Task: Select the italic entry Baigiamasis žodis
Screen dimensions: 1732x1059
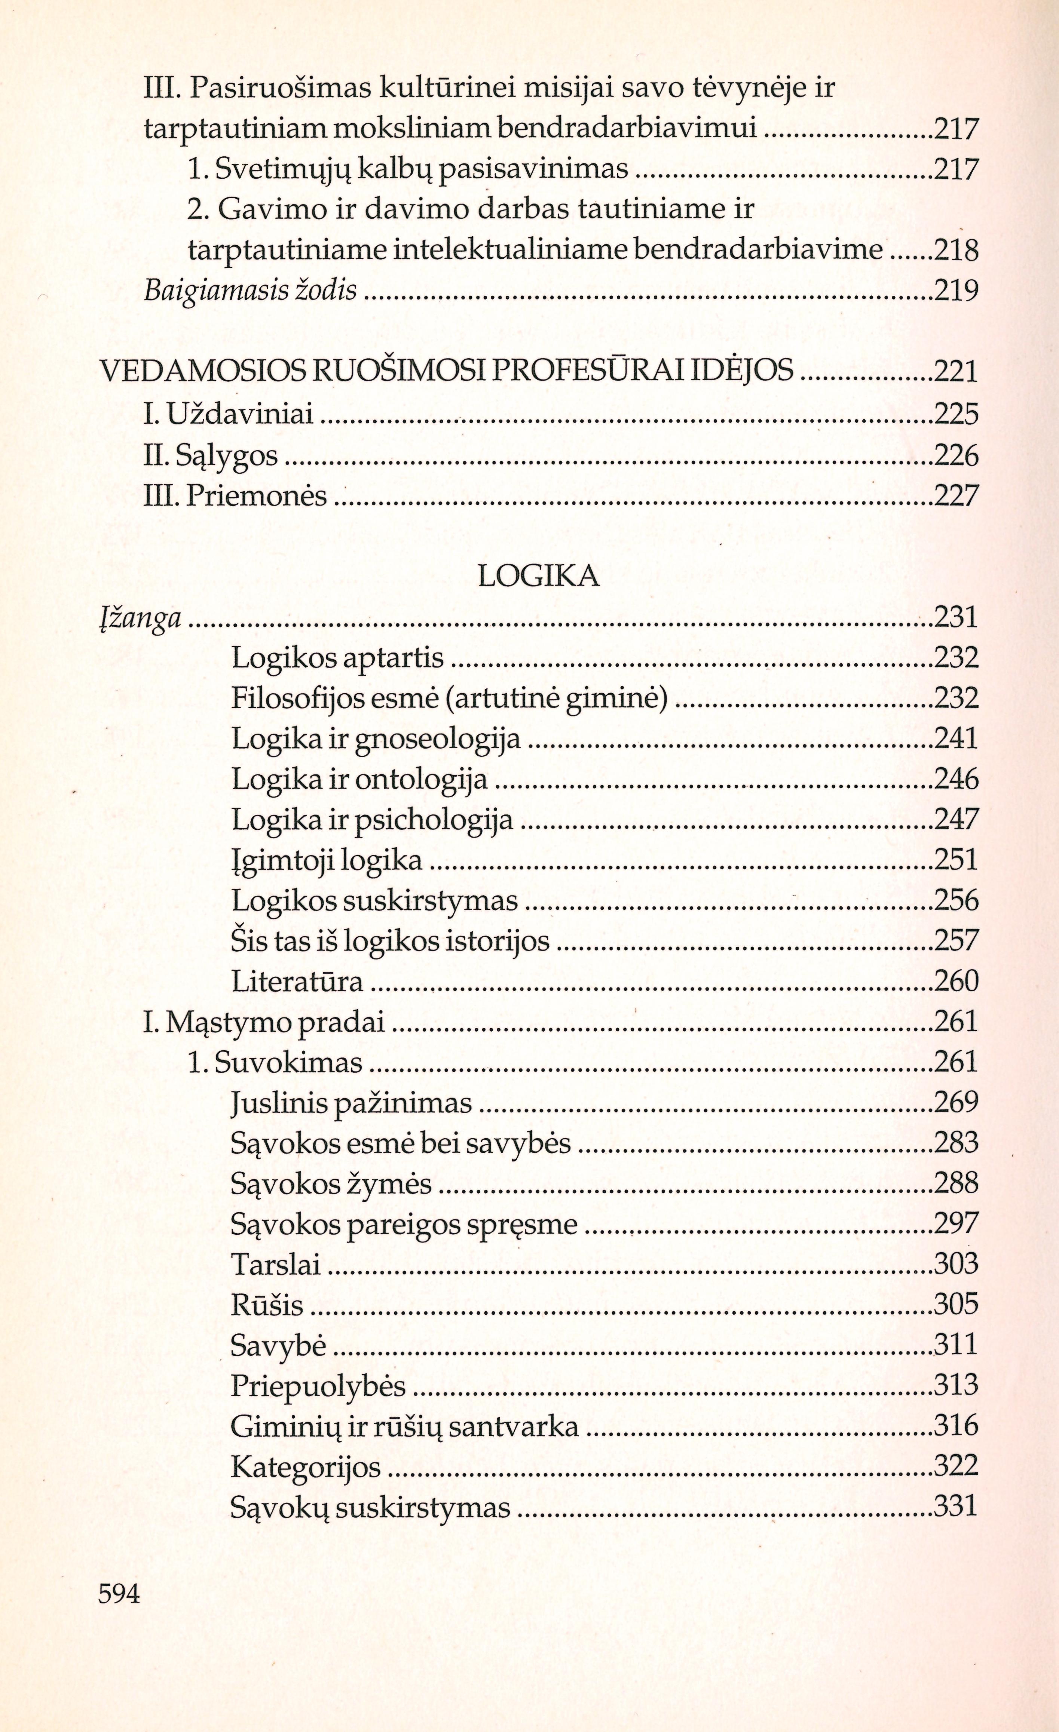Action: [x=250, y=290]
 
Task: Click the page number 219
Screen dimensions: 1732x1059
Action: [x=956, y=290]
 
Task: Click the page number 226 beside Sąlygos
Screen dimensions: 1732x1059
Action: [x=956, y=455]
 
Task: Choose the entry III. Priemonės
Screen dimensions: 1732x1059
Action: [x=236, y=496]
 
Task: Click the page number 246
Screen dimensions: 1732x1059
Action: [x=956, y=779]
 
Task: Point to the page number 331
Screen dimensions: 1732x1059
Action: [x=956, y=1507]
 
